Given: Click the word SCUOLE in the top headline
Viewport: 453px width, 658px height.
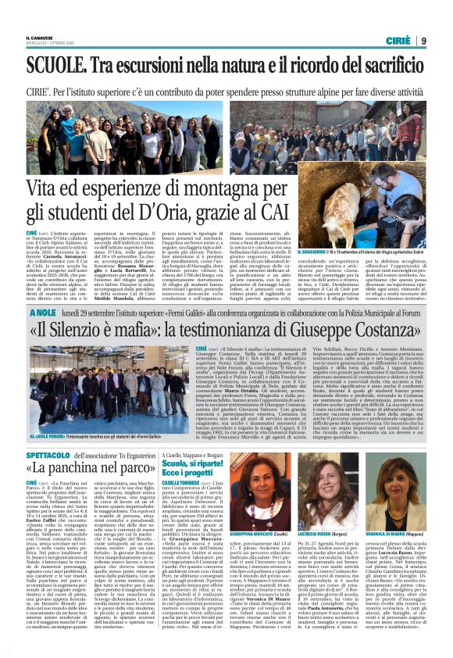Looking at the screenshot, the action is point(59,65).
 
